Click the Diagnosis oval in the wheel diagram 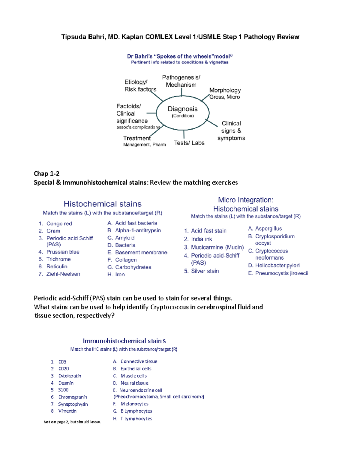[x=182, y=112]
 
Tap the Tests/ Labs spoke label [x=189, y=143]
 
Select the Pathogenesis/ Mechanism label [x=181, y=81]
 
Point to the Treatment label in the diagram [x=137, y=138]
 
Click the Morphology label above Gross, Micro [x=225, y=90]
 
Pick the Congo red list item [x=59, y=224]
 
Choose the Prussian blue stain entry [x=63, y=252]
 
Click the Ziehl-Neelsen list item [x=63, y=274]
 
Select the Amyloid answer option [x=124, y=238]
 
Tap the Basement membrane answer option [x=141, y=252]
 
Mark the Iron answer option [x=120, y=274]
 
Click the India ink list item [x=201, y=239]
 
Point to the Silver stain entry [x=205, y=271]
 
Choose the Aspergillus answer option [x=268, y=229]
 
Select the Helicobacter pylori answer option [x=277, y=265]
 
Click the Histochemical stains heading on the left [x=103, y=204]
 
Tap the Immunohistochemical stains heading [x=124, y=341]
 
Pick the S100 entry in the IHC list [x=63, y=390]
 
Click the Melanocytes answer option [x=134, y=404]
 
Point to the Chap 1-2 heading [x=46, y=173]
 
